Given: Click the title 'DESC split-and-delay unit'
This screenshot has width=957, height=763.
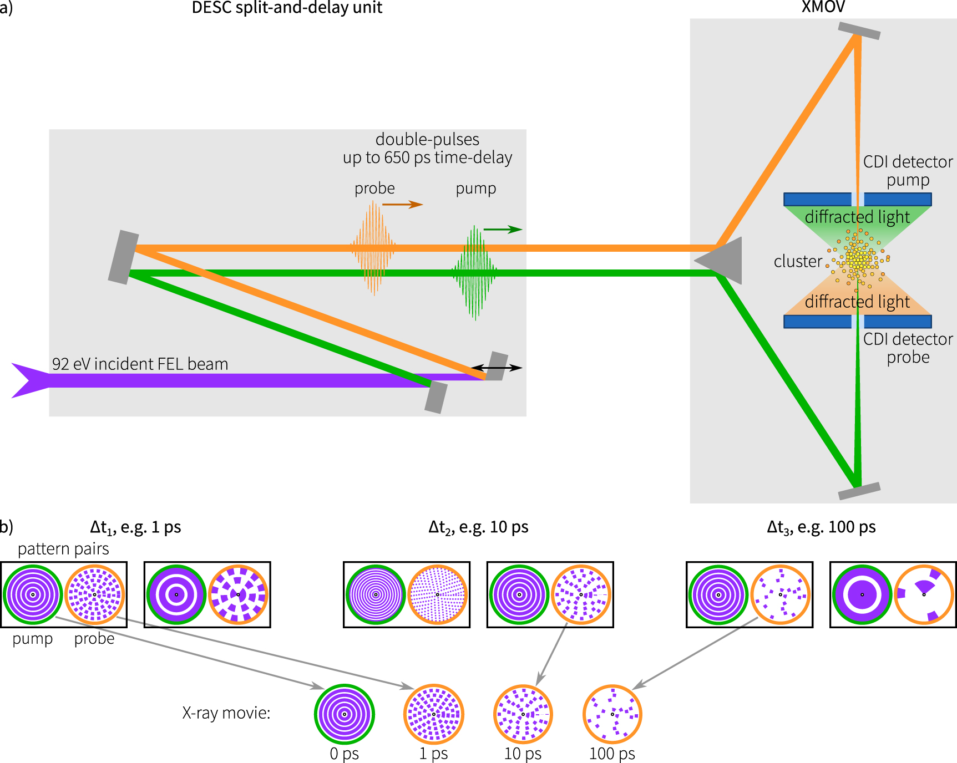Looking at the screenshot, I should point(287,8).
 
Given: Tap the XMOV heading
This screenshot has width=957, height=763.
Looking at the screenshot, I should point(823,7).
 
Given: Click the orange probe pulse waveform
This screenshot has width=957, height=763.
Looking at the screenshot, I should point(373,248).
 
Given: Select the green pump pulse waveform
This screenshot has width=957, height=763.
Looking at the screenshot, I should point(474,272).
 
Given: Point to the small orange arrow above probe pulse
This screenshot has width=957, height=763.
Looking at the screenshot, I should point(402,205).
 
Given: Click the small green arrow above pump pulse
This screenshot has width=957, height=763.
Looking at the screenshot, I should point(503,229).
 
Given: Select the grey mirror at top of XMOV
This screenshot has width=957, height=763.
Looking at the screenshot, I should point(859,30).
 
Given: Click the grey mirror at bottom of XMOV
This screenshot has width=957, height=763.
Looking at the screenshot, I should point(859,491).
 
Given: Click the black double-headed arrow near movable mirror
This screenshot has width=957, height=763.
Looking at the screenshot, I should point(497,367).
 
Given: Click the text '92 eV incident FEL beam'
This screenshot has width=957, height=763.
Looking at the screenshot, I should point(140,364).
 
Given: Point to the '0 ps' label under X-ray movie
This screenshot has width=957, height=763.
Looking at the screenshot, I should point(344,754).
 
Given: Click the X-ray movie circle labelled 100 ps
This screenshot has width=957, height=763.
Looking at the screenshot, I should point(612,714).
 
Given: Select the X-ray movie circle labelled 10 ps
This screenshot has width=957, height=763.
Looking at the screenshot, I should point(523,714).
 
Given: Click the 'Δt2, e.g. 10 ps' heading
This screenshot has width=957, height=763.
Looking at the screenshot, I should point(478,527).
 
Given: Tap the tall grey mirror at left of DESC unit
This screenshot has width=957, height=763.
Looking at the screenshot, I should point(123,258).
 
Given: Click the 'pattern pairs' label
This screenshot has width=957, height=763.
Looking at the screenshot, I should point(63,549).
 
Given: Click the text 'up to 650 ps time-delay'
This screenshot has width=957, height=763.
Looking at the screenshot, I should point(427,157).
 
